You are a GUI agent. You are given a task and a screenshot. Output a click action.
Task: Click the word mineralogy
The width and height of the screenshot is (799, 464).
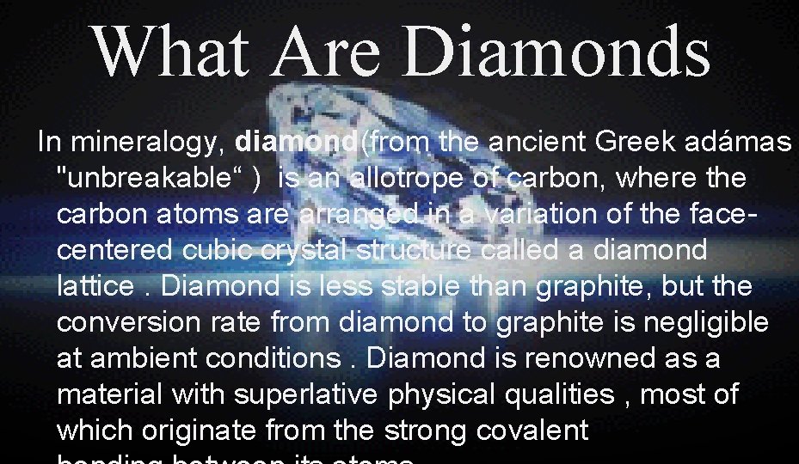[x=151, y=141]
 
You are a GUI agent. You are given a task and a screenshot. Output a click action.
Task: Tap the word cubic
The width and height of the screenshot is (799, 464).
[x=216, y=250]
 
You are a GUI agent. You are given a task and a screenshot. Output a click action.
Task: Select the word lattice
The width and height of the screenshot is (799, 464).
[x=95, y=286]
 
